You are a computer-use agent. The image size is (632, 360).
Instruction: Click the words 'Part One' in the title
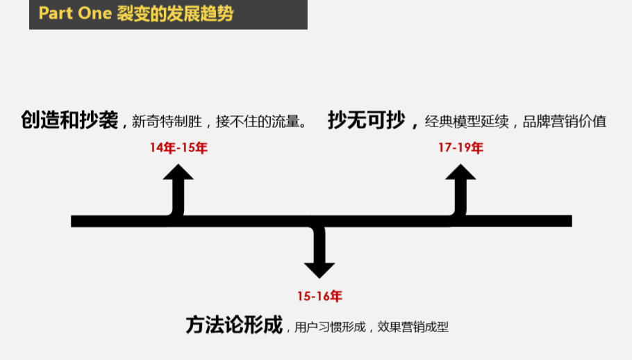[x=75, y=13]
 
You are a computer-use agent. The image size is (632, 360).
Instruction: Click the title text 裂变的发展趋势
[x=175, y=14]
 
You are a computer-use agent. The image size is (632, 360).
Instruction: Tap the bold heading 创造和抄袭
[x=69, y=120]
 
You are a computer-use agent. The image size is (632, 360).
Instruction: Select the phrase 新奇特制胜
[x=167, y=122]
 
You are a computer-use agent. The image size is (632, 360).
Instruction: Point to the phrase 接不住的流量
[x=258, y=122]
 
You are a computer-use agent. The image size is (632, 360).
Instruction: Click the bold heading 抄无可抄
[x=367, y=120]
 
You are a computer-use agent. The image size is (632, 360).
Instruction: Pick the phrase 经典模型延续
[x=467, y=122]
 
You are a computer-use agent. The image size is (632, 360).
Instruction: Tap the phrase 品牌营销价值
[x=565, y=122]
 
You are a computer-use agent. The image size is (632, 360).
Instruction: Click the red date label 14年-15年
[x=178, y=148]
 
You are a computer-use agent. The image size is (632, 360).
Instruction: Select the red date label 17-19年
[x=460, y=148]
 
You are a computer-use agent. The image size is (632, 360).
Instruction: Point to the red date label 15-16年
[x=319, y=296]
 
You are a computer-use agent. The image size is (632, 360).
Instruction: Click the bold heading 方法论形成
[x=234, y=325]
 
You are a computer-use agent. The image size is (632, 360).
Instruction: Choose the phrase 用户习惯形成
[x=330, y=327]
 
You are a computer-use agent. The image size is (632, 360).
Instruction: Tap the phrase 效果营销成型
[x=413, y=327]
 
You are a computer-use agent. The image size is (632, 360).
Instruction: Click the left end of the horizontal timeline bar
[x=72, y=221]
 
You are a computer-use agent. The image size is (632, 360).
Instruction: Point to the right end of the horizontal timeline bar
[x=572, y=221]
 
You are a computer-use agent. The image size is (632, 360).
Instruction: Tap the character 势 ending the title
[x=226, y=14]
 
